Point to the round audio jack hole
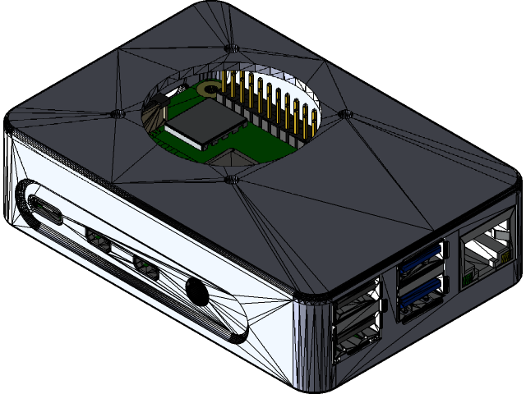[x=196, y=291]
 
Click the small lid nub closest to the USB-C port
[x=116, y=112]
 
